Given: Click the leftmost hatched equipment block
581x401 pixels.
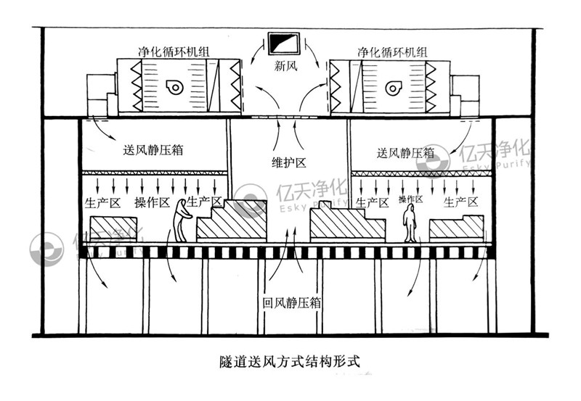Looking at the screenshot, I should pyautogui.click(x=113, y=228).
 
